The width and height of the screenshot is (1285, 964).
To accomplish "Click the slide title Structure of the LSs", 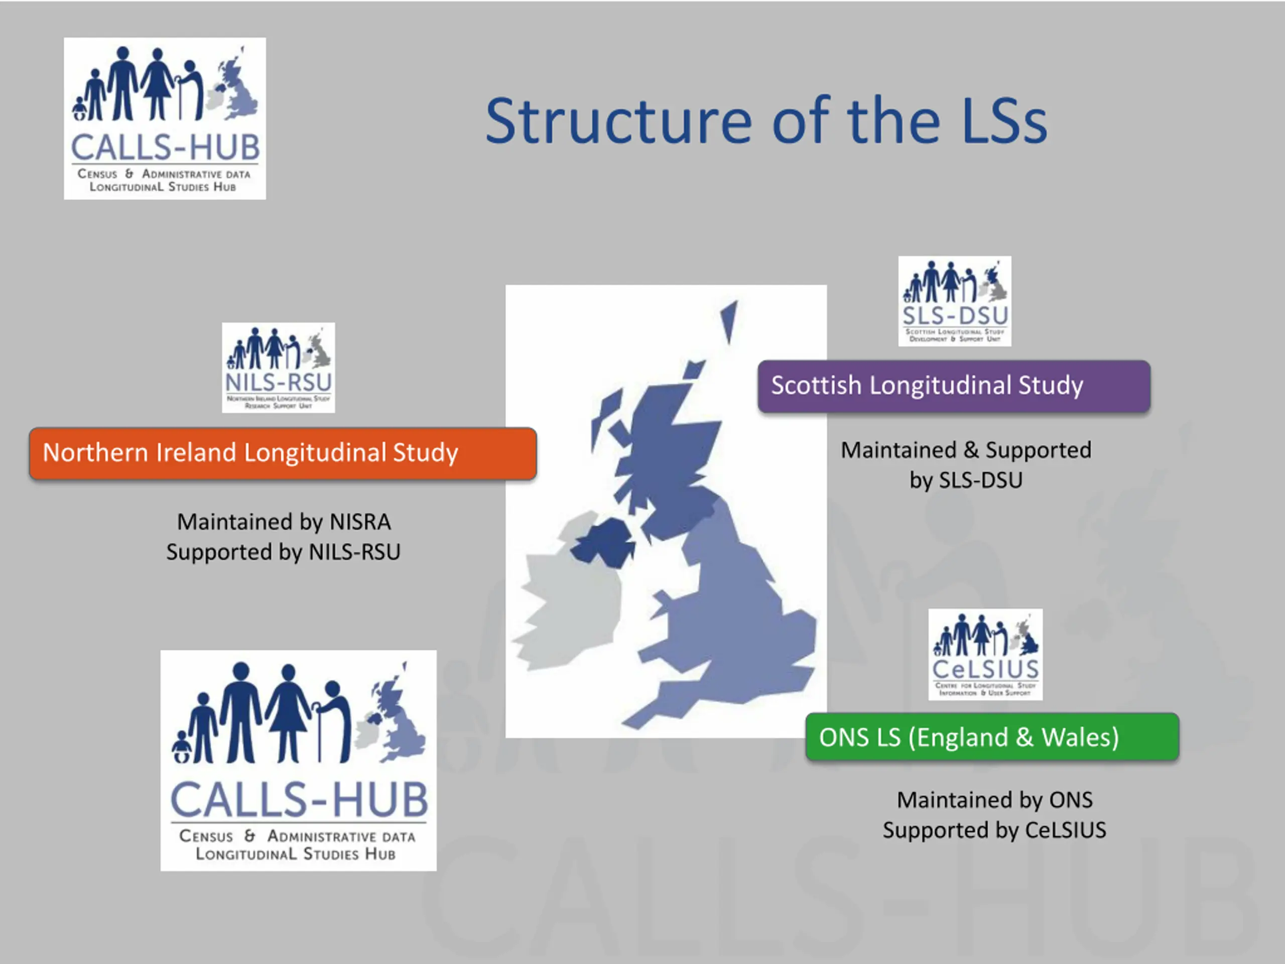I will (765, 121).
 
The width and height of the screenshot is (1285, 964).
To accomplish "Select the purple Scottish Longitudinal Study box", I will (953, 386).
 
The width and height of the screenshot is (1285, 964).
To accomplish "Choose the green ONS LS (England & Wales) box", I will (992, 737).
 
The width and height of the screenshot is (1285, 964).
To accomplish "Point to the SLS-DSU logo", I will (954, 301).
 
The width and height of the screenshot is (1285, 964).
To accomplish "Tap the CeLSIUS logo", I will (985, 654).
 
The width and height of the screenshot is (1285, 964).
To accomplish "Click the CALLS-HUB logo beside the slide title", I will (165, 118).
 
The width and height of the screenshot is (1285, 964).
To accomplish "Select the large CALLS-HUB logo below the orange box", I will (298, 760).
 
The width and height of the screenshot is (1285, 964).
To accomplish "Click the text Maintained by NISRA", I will (284, 522).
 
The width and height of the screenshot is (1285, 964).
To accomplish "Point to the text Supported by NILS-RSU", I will (284, 552).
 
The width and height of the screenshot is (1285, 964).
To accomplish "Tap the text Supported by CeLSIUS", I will (994, 830).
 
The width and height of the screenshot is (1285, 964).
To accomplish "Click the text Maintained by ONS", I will (994, 800).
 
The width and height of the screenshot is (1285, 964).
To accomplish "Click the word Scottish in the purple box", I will (816, 386).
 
